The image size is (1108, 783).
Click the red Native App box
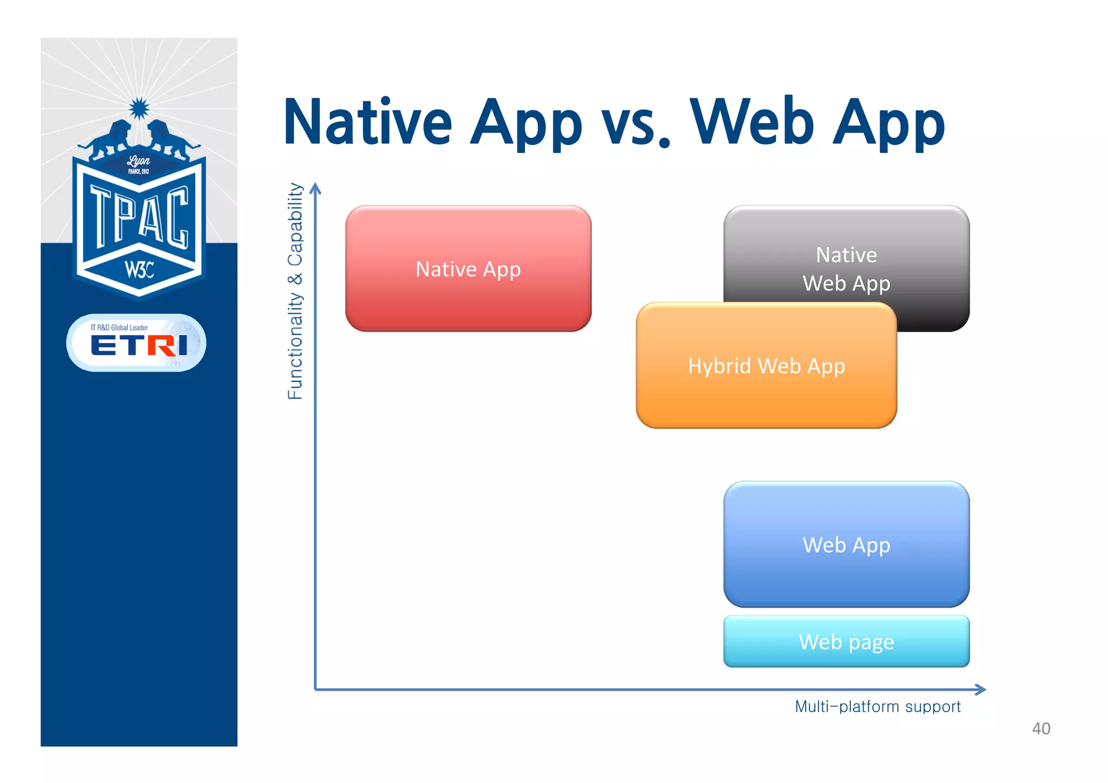(x=468, y=269)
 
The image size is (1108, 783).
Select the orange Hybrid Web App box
(x=766, y=366)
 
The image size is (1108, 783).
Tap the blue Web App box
(x=846, y=545)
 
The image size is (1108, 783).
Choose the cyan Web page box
(x=846, y=642)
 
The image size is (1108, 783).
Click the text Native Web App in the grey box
(x=846, y=269)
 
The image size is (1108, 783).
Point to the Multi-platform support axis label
(x=878, y=706)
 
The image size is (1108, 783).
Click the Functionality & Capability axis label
(x=295, y=291)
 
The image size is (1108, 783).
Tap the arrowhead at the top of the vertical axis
(x=315, y=188)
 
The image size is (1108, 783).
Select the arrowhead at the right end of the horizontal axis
(x=980, y=689)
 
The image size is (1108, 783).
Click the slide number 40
(x=1041, y=728)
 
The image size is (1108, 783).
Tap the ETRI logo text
(x=139, y=345)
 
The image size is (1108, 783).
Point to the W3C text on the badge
(x=139, y=269)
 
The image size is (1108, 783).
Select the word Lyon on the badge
(x=138, y=161)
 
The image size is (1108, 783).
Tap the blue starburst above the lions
(x=139, y=109)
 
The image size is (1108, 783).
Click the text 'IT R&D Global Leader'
(x=119, y=327)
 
